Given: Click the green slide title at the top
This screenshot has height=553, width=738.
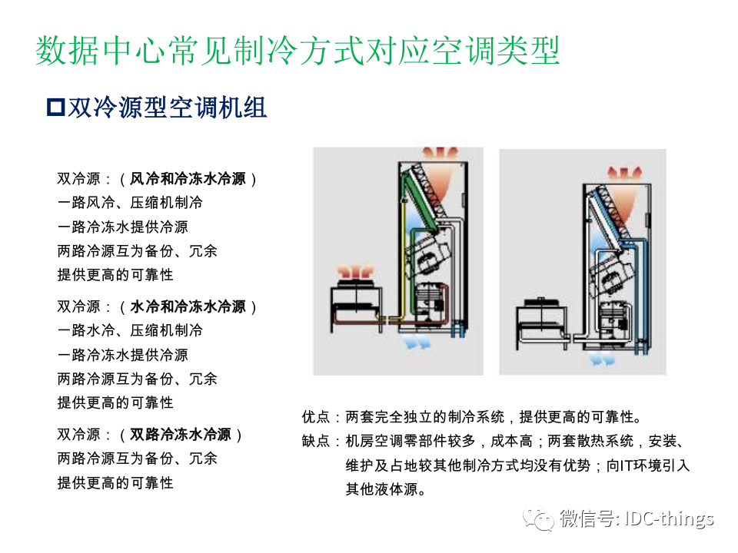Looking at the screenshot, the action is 298,51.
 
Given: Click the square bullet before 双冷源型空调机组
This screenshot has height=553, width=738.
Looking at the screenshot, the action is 55,108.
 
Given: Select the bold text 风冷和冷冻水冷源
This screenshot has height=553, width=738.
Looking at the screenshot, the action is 188,179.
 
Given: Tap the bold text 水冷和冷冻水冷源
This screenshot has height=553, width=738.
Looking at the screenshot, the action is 188,306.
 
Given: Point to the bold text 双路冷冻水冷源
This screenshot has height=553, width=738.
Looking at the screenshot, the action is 180,434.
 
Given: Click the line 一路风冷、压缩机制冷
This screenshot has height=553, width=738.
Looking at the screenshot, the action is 130,203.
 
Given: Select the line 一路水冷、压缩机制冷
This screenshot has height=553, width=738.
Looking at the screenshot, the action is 130,330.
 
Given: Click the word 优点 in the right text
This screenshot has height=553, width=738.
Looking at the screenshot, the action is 316,416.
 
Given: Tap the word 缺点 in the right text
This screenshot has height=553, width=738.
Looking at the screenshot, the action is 316,441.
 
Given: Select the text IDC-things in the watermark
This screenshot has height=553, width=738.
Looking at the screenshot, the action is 670,518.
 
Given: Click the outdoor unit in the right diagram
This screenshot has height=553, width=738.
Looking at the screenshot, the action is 542,323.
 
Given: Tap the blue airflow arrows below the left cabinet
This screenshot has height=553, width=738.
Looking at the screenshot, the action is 414,341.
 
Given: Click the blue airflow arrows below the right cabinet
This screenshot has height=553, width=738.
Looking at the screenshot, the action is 602,359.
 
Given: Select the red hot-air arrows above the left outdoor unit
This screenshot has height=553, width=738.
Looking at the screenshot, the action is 356,271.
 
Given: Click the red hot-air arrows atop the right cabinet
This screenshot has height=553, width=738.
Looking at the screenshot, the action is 624,173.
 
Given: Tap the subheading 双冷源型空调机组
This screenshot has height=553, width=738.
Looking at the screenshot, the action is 167,108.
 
